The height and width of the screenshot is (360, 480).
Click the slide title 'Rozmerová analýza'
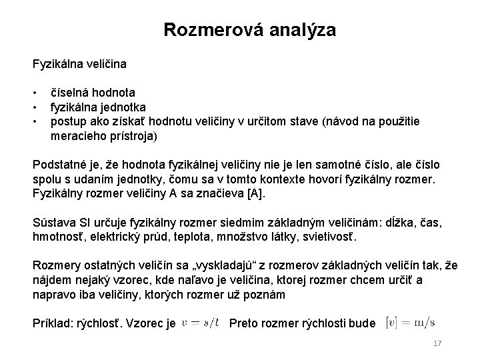[249, 30]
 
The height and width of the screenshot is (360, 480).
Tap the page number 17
[438, 343]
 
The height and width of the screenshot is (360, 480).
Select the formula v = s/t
[201, 323]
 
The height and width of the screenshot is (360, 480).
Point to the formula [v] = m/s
[411, 323]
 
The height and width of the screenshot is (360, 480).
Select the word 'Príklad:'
[54, 323]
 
